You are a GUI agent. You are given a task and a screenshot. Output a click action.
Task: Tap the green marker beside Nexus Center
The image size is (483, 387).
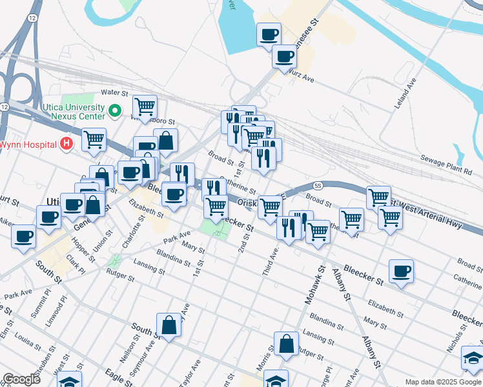coord(116,112)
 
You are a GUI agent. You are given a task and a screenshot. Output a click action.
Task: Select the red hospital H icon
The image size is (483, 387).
coord(65,143)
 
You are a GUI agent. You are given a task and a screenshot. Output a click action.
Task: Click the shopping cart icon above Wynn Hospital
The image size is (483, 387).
coord(94,138)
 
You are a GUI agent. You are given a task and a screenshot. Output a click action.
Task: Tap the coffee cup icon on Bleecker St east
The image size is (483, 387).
coord(401,270)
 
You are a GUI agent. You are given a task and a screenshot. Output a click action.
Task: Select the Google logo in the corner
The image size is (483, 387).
coord(21,379)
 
